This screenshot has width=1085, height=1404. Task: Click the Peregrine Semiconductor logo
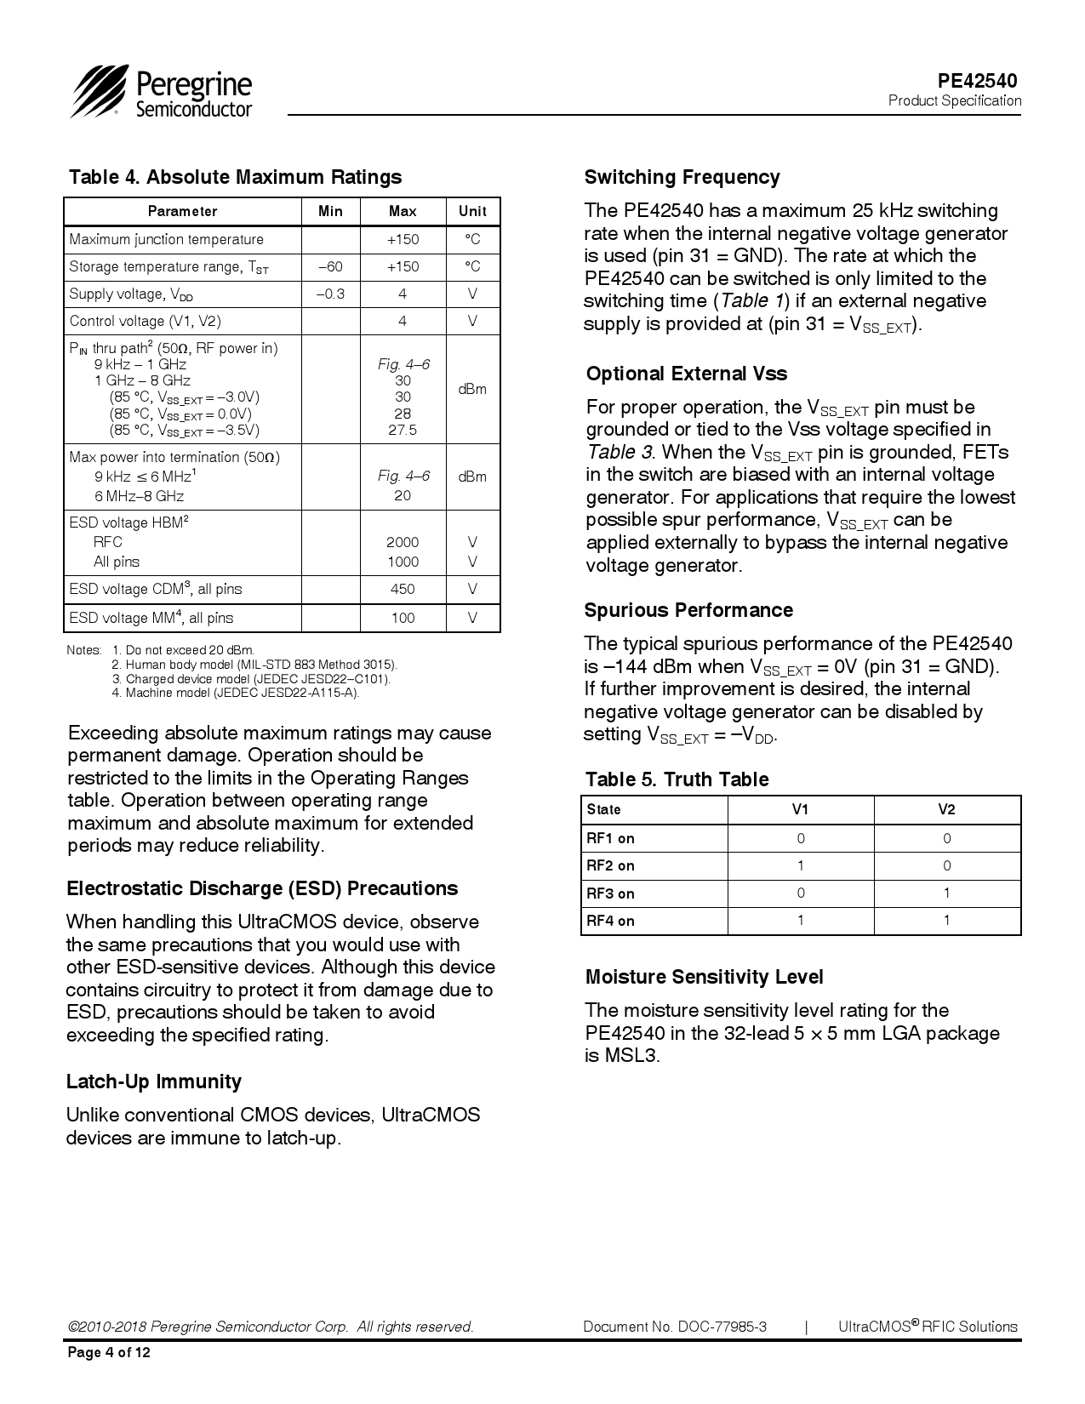162,92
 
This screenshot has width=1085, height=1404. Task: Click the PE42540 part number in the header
977,81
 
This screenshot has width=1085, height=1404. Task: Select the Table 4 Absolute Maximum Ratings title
235,177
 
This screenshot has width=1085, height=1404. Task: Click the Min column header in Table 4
330,212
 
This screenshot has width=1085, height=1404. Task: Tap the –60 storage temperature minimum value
330,266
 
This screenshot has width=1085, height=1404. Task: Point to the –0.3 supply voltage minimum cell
330,294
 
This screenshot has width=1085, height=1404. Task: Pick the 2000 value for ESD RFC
403,542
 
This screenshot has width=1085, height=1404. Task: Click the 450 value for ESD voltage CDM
403,589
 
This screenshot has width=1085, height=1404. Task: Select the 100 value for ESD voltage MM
403,618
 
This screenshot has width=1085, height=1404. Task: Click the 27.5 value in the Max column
403,430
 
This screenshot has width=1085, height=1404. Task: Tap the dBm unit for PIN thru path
472,389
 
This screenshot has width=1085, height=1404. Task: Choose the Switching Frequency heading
682,177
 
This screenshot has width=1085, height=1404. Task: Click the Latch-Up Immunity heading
154,1082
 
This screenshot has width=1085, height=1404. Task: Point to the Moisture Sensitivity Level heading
704,977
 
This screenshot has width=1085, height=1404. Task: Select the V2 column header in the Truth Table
946,809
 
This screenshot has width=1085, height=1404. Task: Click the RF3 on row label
610,893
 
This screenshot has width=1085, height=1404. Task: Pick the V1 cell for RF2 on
800,865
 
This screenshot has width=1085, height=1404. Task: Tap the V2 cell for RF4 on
946,920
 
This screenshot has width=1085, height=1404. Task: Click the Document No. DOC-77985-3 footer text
675,1327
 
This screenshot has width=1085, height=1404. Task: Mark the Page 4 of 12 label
109,1353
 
